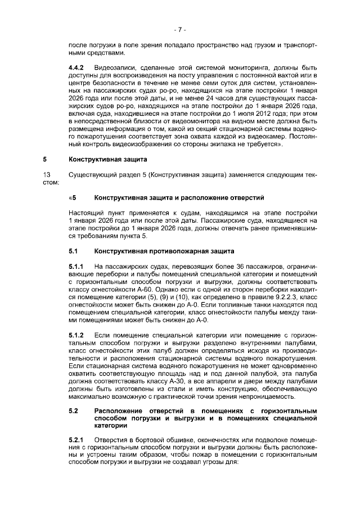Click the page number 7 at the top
point(179,29)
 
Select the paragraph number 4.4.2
point(76,69)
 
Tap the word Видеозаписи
point(116,69)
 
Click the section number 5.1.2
point(76,335)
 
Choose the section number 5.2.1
point(76,439)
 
